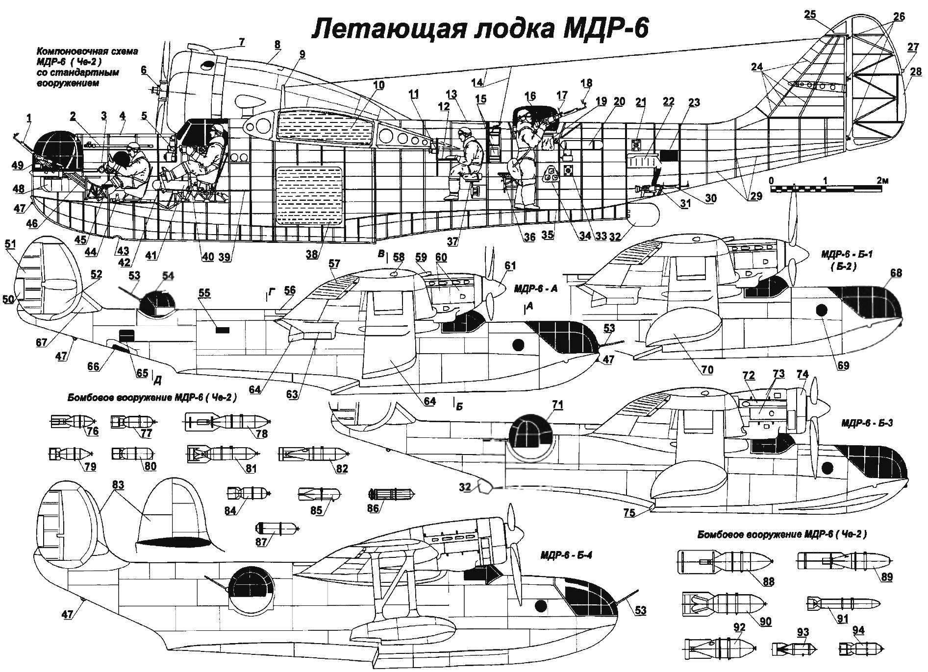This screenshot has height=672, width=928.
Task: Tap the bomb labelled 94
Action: [x=853, y=648]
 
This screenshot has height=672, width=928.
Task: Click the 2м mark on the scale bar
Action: [x=881, y=181]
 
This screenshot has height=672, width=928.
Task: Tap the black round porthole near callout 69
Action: [x=822, y=310]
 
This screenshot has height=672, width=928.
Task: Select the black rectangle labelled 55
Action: [x=223, y=330]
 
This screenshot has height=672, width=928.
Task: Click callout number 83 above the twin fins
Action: [x=118, y=485]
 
